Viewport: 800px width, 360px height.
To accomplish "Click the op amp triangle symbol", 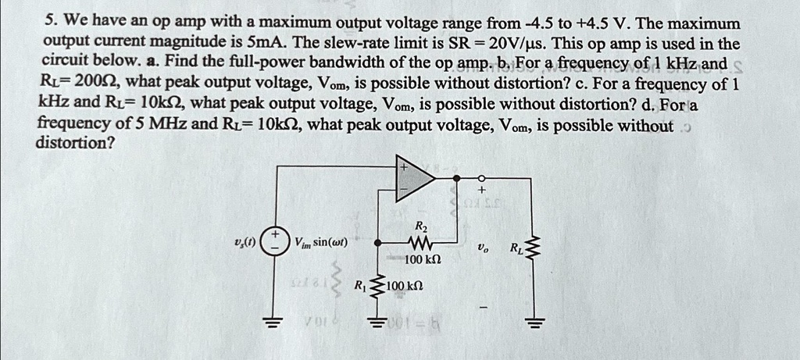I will (416, 181).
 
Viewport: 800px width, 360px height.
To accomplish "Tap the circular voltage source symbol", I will (273, 241).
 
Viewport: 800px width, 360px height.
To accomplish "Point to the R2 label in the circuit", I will (420, 226).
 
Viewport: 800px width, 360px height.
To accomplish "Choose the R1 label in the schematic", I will (359, 284).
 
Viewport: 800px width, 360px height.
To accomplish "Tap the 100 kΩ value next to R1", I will (405, 286).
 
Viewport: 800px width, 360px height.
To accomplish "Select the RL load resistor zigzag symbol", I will (534, 251).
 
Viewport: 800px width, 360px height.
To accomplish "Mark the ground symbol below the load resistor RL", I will (534, 324).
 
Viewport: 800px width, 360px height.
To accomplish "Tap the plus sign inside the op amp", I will (404, 166).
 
